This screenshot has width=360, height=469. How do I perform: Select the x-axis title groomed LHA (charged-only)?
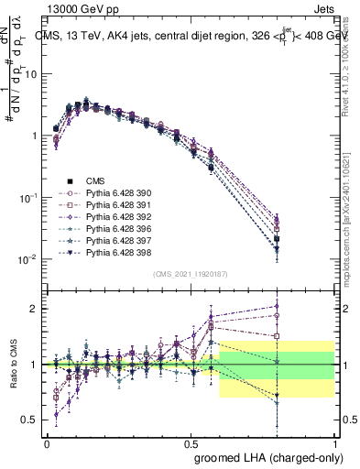coord(265,456)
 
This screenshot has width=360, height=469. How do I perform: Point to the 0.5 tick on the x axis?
coord(191,441)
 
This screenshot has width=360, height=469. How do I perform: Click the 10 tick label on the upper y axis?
coord(30,74)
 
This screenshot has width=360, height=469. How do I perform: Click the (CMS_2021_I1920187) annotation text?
coord(191,274)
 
